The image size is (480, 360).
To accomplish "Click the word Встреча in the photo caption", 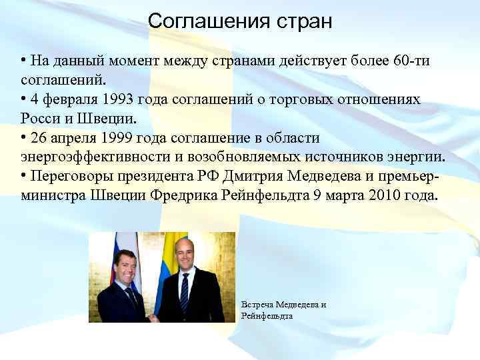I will click(x=258, y=305).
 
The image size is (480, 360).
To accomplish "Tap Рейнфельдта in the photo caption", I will click(x=267, y=315).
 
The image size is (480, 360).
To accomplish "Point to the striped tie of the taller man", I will click(x=185, y=294).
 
